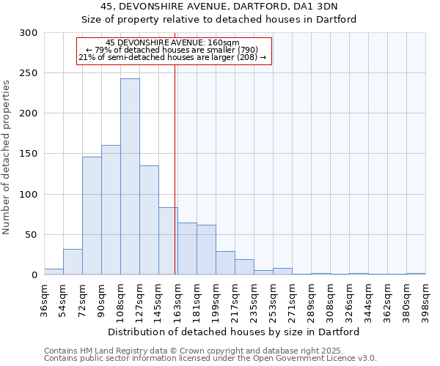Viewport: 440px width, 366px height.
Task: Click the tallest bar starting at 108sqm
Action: click(x=130, y=176)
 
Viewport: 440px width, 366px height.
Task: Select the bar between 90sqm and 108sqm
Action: click(x=111, y=210)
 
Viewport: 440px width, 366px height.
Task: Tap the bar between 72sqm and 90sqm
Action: click(x=92, y=216)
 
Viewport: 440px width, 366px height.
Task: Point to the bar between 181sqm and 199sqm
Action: click(x=206, y=250)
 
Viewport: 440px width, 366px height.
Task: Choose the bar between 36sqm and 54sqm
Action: click(x=54, y=272)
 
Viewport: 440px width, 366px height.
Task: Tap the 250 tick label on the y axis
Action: click(x=29, y=73)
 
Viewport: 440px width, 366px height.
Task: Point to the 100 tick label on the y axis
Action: click(x=29, y=195)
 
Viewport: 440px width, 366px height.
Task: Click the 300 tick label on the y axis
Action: click(x=29, y=33)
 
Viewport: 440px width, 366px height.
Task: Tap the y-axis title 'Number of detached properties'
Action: click(x=7, y=157)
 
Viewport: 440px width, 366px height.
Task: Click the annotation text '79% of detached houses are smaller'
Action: click(x=173, y=50)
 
